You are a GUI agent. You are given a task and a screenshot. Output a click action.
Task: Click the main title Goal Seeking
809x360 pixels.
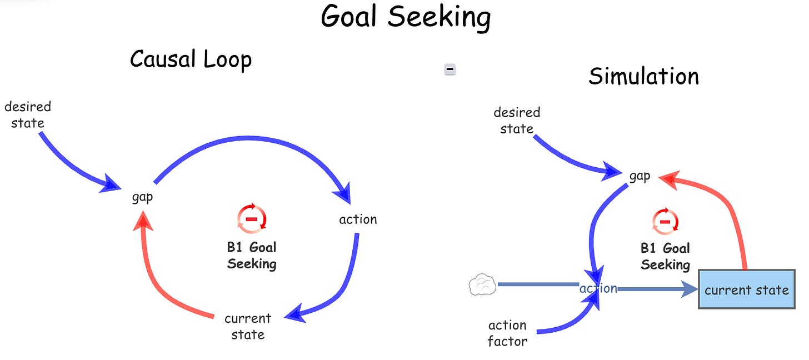[406, 17]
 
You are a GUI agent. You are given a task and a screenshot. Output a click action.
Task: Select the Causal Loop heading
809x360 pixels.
[191, 59]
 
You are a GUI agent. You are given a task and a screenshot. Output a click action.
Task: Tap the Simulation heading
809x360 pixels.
[643, 76]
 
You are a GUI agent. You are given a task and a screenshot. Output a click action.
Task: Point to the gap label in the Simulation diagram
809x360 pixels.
[640, 176]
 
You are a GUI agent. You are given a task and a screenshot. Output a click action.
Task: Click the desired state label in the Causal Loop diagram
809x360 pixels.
[28, 114]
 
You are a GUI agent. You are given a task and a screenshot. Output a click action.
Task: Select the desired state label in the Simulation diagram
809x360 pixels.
[517, 121]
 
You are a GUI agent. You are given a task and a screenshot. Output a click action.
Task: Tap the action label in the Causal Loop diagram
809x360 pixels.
[358, 219]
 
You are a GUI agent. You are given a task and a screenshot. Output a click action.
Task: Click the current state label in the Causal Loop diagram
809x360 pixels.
[248, 327]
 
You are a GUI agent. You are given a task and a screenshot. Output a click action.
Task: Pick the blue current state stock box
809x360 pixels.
[746, 289]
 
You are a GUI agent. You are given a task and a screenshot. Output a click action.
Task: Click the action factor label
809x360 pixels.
[507, 333]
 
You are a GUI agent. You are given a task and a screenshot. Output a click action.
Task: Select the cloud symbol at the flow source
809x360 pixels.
[482, 285]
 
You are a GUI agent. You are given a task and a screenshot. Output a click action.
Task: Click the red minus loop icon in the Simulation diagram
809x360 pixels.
[665, 222]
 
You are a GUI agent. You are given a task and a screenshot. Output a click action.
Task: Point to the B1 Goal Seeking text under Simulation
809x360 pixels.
[665, 256]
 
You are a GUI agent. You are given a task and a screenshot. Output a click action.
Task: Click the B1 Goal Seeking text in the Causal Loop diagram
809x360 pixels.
[252, 255]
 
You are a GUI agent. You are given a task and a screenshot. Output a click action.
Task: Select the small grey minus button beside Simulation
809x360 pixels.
[450, 69]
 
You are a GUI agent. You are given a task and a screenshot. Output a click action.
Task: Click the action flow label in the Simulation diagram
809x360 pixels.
[598, 288]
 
